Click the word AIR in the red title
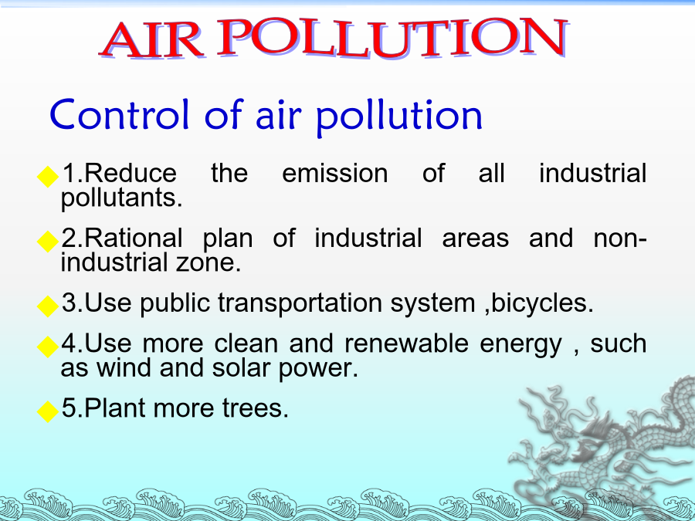[152, 40]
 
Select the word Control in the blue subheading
[120, 115]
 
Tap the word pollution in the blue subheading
[399, 116]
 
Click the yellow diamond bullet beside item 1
[47, 176]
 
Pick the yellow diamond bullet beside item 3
[47, 306]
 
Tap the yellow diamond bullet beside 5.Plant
[47, 411]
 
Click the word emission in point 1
[335, 173]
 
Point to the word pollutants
[121, 198]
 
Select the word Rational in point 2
[133, 238]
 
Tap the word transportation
[300, 303]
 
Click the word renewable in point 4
[406, 343]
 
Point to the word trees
[256, 408]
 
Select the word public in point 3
[175, 303]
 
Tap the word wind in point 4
[124, 368]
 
